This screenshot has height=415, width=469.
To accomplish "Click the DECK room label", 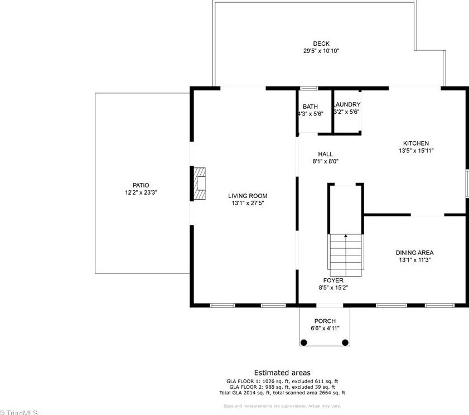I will (x=321, y=44).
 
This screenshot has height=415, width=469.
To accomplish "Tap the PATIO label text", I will (x=141, y=185).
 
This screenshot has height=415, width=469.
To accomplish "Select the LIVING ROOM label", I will (x=247, y=196).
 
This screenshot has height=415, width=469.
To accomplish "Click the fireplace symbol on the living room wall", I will (x=200, y=184).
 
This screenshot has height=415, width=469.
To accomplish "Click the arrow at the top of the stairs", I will (x=346, y=237).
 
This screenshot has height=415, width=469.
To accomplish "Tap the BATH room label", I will (x=310, y=107).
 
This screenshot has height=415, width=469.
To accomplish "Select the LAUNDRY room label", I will (x=346, y=104).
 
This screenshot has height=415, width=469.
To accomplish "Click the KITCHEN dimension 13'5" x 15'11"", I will (x=416, y=151).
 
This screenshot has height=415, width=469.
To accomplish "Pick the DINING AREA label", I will (x=414, y=253).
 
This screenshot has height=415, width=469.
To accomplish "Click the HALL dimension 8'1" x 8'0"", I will (x=325, y=161).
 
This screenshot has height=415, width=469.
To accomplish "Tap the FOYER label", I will (x=333, y=281).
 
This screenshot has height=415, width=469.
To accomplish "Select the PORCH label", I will (x=325, y=321).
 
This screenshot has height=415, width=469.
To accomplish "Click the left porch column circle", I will (x=304, y=342).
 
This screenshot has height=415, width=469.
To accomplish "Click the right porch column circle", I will (x=345, y=342).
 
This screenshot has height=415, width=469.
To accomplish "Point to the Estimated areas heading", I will (x=282, y=373).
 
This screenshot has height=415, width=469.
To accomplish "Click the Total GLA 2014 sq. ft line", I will (x=282, y=393).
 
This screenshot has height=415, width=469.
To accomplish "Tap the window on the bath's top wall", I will (x=309, y=88).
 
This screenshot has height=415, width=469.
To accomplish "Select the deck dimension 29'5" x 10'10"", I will (x=321, y=51).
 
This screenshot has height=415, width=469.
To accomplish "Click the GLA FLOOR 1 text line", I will (x=282, y=382).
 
